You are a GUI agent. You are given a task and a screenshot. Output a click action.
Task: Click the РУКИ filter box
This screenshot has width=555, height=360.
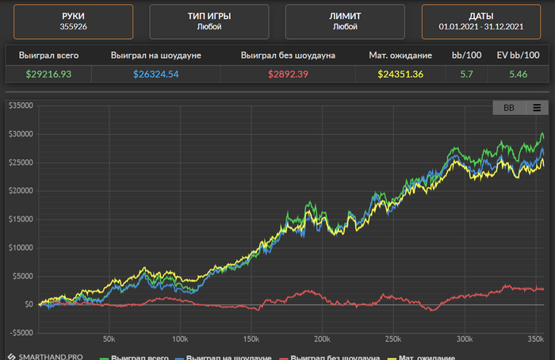(x=72, y=21)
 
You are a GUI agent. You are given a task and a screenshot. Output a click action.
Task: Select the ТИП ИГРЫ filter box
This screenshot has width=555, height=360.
(x=209, y=21)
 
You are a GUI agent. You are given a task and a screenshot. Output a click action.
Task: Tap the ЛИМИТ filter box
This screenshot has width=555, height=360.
(x=345, y=21)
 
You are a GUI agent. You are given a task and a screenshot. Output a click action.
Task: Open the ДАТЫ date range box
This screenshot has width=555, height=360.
(x=481, y=21)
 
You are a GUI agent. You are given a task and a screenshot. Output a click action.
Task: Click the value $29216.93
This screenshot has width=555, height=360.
(x=48, y=75)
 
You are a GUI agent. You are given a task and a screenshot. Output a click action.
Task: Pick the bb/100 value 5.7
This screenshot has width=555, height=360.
(x=466, y=75)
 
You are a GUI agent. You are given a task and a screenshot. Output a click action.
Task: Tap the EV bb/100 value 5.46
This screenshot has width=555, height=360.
(x=517, y=75)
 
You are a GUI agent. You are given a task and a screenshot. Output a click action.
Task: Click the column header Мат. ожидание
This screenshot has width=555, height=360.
(x=400, y=56)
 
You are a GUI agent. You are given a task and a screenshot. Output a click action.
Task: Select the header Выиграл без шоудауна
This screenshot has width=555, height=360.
(x=289, y=56)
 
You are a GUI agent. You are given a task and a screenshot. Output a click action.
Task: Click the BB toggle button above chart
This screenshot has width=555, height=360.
(x=508, y=108)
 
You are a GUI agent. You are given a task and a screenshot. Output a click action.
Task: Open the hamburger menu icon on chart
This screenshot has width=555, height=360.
(x=537, y=108)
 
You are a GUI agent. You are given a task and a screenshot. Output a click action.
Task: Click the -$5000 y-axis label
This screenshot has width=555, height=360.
(x=17, y=332)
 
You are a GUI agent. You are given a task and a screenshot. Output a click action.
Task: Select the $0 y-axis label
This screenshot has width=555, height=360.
(x=28, y=304)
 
